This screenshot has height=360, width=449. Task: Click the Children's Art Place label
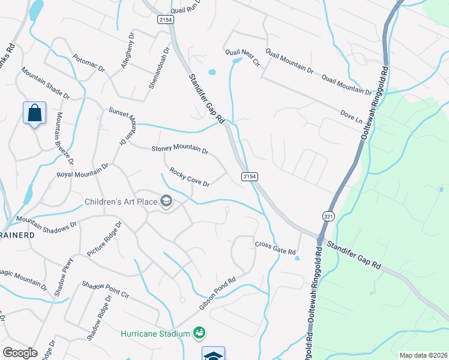121,202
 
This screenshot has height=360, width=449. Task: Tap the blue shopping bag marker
34,112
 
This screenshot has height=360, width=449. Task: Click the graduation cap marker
213,355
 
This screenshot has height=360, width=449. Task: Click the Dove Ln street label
352,116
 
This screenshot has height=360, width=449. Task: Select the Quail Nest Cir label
243,58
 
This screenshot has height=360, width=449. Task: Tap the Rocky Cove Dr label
189,178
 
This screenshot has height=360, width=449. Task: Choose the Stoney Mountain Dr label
179,149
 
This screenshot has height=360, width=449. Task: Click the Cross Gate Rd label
276,248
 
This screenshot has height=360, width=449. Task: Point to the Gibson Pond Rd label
218,294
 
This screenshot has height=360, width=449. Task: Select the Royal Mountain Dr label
83,170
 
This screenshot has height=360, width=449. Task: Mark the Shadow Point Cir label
106,290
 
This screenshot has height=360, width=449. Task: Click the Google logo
20,353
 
